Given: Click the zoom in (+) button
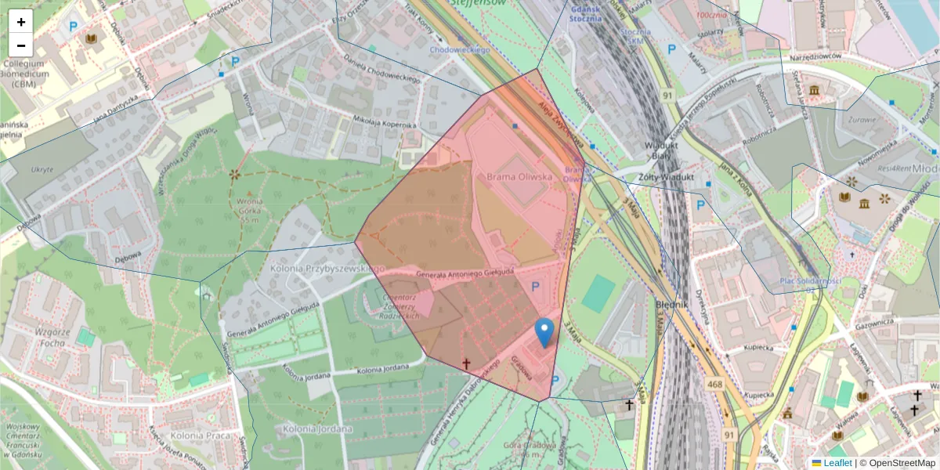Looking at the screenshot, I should (x=21, y=21).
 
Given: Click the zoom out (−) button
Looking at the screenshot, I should (x=21, y=45).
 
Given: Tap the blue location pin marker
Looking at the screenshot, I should (x=544, y=332).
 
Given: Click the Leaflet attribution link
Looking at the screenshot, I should (x=837, y=463).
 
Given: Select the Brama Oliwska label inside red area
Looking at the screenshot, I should (x=519, y=177).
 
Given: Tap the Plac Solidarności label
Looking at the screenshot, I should (x=811, y=282).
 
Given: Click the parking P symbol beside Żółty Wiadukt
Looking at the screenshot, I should (x=701, y=206).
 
